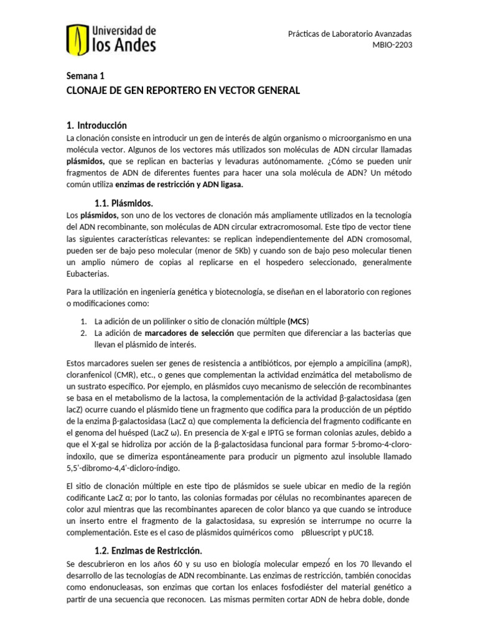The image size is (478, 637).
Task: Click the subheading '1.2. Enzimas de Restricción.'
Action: pyautogui.click(x=148, y=551)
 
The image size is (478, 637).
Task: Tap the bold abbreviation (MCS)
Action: pyautogui.click(x=298, y=321)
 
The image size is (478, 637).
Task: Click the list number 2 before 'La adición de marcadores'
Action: pyautogui.click(x=83, y=333)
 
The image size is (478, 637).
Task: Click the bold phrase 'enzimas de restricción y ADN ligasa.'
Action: pyautogui.click(x=188, y=185)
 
